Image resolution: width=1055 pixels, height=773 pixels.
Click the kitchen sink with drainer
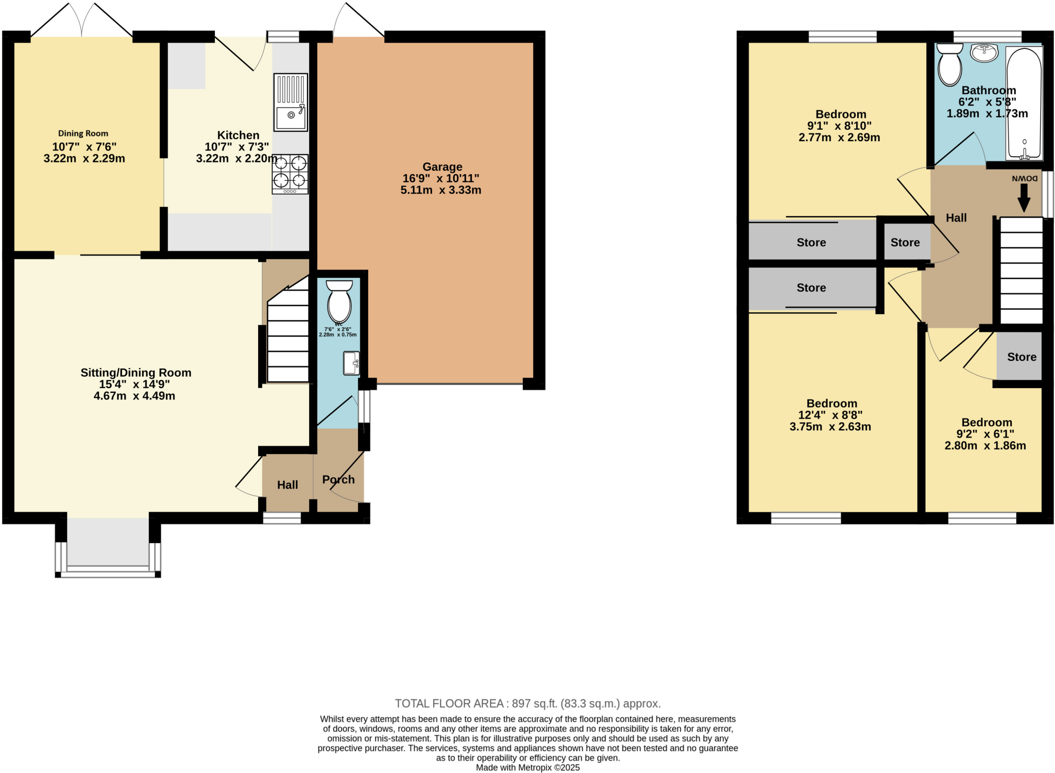click(x=291, y=102)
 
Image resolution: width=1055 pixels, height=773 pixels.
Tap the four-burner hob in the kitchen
click(x=290, y=174)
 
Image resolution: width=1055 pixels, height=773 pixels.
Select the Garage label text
click(x=442, y=167)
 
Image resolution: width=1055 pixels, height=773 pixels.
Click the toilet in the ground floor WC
click(x=339, y=301)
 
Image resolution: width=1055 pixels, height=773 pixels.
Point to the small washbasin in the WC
click(x=351, y=363)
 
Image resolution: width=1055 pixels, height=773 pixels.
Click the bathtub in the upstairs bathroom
click(x=1024, y=103)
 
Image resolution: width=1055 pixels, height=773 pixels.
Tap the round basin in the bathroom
click(x=984, y=53)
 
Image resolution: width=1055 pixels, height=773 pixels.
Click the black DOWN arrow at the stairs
click(x=1024, y=197)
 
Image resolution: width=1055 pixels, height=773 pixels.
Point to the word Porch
click(x=338, y=479)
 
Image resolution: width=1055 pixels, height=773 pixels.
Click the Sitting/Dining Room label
click(x=136, y=373)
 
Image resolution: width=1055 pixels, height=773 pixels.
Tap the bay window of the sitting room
click(x=108, y=546)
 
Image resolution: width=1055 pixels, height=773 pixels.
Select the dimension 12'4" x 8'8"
click(x=830, y=415)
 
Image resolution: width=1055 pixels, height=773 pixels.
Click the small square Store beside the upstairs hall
click(x=905, y=242)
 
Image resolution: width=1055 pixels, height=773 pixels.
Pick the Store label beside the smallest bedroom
click(x=1022, y=357)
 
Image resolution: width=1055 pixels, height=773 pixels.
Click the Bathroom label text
click(x=989, y=91)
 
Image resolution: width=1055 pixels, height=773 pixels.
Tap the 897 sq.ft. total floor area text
click(x=527, y=703)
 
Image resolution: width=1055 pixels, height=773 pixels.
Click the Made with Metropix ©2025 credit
click(x=527, y=767)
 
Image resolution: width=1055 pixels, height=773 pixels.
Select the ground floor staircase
click(x=287, y=340)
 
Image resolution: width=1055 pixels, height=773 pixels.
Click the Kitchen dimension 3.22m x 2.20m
click(x=236, y=159)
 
